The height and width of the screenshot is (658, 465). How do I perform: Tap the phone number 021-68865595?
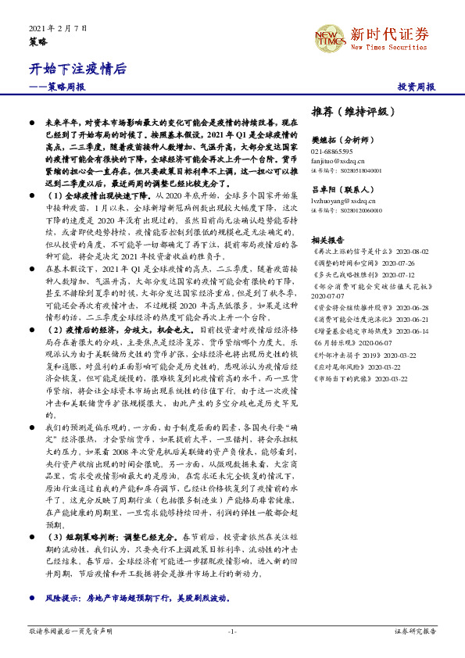pyautogui.click(x=331, y=151)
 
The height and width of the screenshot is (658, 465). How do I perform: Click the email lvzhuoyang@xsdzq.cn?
pyautogui.click(x=342, y=201)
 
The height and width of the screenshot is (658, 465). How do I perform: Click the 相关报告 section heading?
pyautogui.click(x=324, y=241)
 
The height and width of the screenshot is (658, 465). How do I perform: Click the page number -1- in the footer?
pyautogui.click(x=231, y=631)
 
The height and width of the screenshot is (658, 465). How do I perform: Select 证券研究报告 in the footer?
pyautogui.click(x=415, y=631)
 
